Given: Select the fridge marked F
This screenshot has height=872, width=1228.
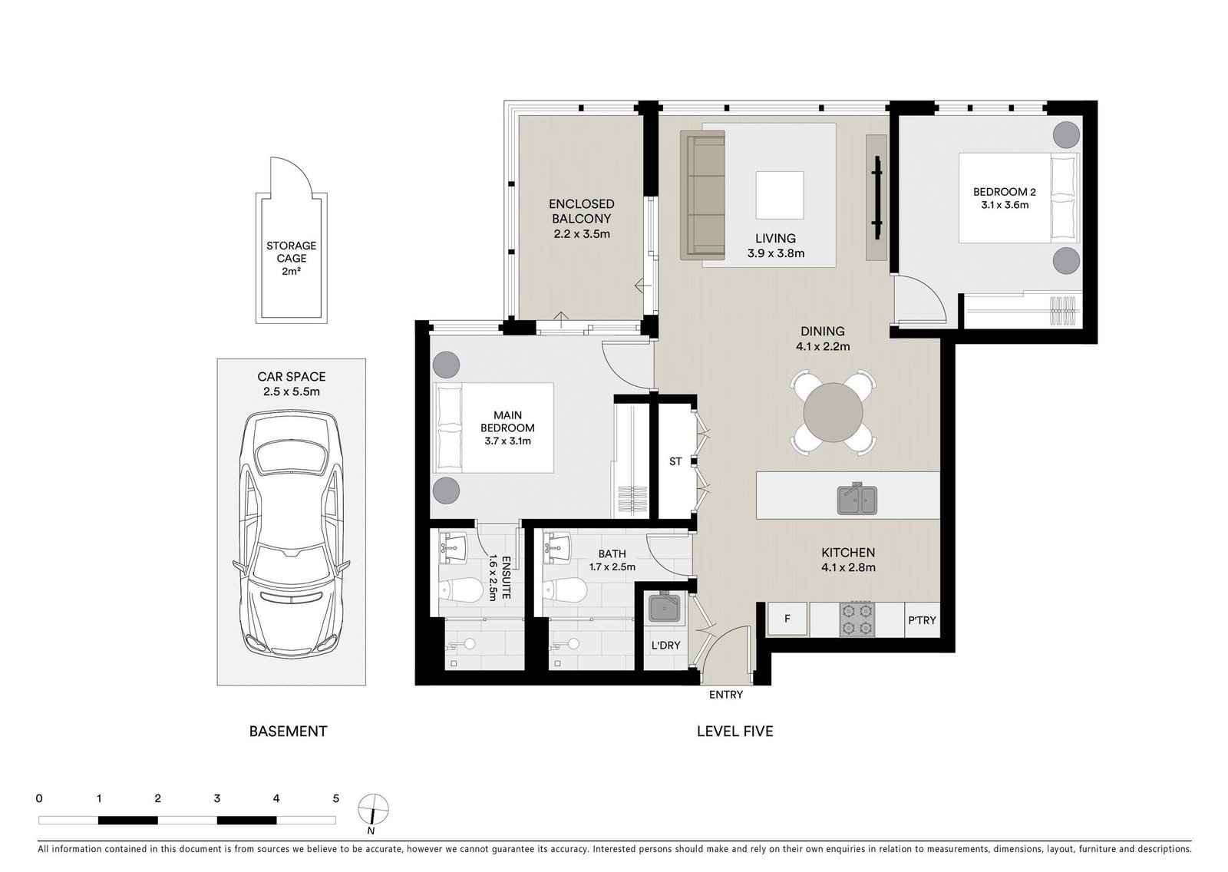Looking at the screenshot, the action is pyautogui.click(x=787, y=619).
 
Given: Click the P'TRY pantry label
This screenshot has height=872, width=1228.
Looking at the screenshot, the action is pyautogui.click(x=922, y=620).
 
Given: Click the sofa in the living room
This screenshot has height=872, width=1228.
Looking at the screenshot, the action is pyautogui.click(x=702, y=195).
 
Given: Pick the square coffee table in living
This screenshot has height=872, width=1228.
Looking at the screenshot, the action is pyautogui.click(x=780, y=195).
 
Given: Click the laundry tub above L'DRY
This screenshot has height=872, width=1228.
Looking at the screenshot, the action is pyautogui.click(x=665, y=608).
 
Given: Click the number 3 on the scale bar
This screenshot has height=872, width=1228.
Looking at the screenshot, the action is pyautogui.click(x=217, y=798).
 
